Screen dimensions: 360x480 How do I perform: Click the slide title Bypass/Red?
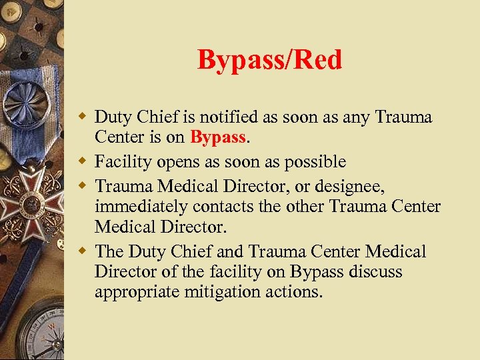click(269, 60)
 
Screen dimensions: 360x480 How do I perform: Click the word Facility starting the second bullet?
click(121, 161)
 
